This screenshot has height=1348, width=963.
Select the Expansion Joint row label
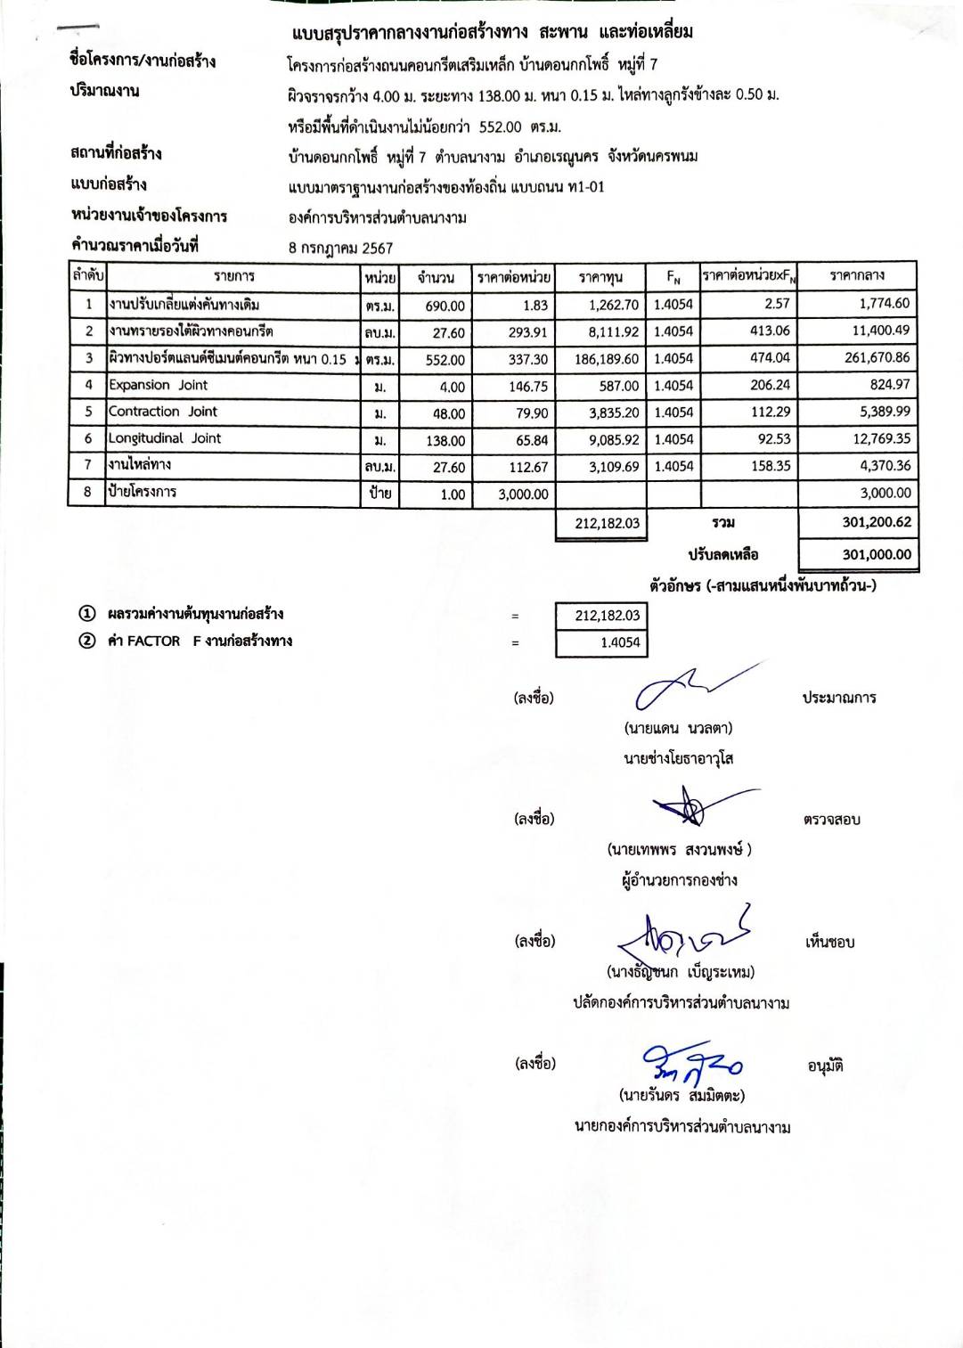158,386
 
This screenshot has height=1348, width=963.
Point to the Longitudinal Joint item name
165,438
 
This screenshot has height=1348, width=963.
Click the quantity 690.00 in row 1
445,306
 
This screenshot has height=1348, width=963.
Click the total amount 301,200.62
877,523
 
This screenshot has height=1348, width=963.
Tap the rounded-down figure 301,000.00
877,554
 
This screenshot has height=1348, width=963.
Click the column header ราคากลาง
856,276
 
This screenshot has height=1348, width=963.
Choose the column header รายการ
233,277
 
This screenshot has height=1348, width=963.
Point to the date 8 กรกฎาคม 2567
340,249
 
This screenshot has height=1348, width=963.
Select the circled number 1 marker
86,614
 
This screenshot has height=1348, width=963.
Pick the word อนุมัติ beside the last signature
825,1066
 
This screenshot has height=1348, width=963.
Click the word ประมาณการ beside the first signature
838,698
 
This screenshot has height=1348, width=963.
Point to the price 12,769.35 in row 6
881,439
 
